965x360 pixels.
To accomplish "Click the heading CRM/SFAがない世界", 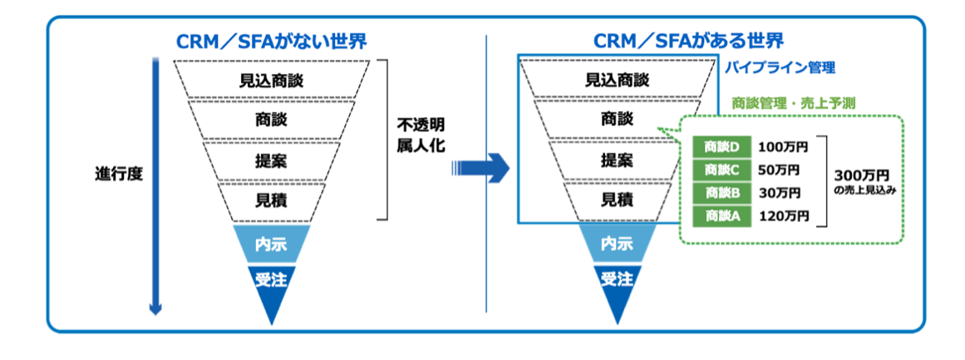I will click(x=271, y=42).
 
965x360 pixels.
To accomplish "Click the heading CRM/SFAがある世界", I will click(x=689, y=42).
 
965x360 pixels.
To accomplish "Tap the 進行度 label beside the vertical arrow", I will click(x=119, y=175).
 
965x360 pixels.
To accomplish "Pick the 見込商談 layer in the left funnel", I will click(x=271, y=80).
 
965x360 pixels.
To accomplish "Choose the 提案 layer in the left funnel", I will click(x=271, y=160).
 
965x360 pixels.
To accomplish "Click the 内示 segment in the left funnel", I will click(x=271, y=244).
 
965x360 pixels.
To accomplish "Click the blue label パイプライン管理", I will click(x=779, y=67).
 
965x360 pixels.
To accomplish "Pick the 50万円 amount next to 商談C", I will click(x=780, y=170).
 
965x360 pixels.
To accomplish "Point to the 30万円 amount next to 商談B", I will click(x=780, y=193).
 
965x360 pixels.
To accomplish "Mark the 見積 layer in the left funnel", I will click(x=271, y=200).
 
